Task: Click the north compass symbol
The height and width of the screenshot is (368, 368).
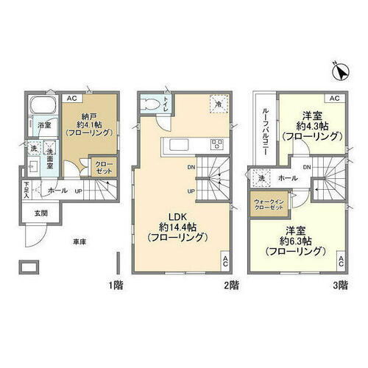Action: coord(339,71)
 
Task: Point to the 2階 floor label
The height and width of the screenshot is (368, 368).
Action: coord(230,284)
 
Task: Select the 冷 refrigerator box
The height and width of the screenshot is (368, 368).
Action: coord(218,105)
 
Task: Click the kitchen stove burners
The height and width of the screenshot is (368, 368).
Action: coord(219,144)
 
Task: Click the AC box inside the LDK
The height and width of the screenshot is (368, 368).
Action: coord(224,261)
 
